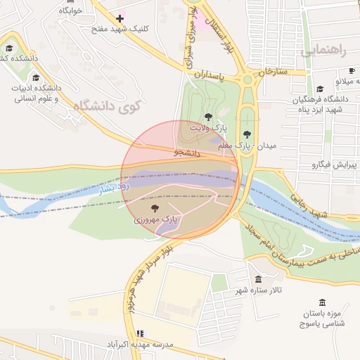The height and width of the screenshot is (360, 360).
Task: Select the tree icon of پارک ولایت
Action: (x=207, y=116)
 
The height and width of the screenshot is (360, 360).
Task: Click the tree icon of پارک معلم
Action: (x=246, y=134)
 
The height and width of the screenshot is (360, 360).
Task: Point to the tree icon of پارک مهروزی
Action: (x=155, y=208)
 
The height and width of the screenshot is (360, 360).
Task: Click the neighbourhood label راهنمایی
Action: (x=323, y=51)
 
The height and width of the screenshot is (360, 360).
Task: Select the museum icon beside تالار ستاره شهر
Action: (x=258, y=279)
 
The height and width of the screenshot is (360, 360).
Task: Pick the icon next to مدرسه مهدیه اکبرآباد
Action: (x=139, y=333)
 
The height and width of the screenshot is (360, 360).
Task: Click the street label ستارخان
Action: (x=274, y=72)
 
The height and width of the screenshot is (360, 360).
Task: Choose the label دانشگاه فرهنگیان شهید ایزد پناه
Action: (x=317, y=104)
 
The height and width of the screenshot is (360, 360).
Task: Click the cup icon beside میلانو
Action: (x=352, y=71)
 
